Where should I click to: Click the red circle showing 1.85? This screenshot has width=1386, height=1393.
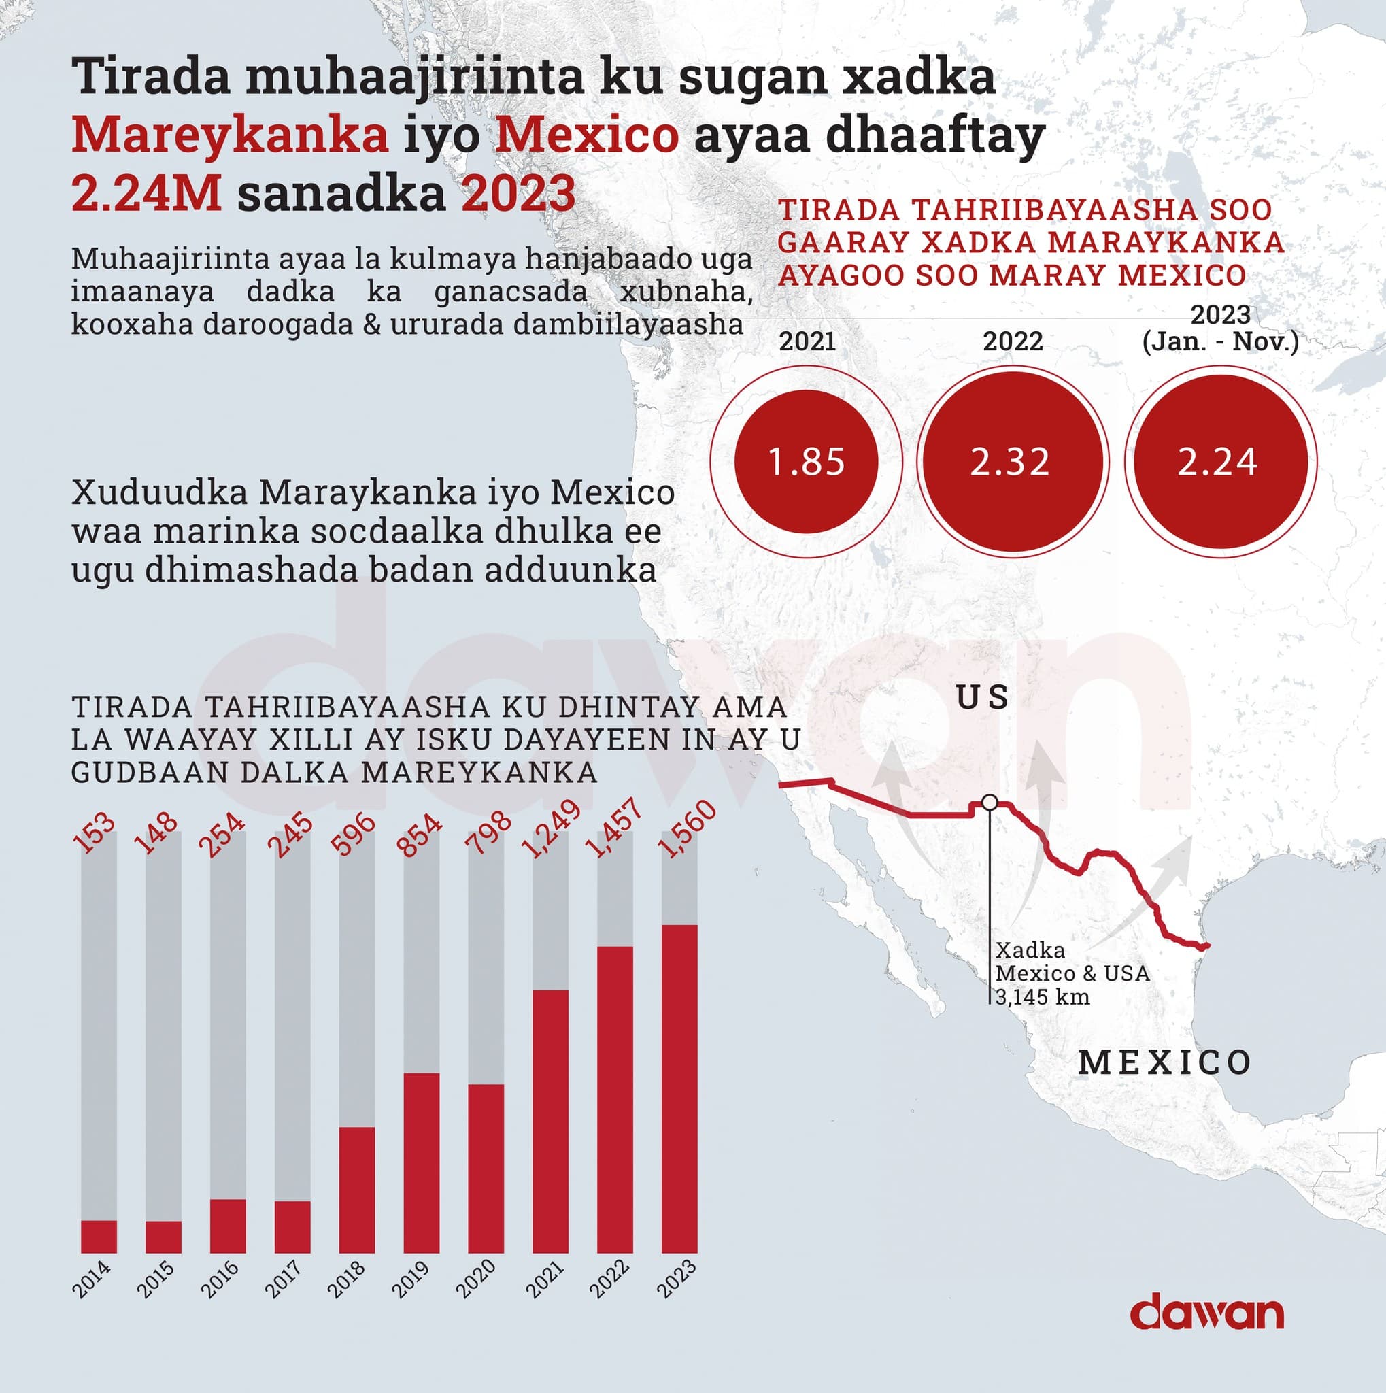(806, 461)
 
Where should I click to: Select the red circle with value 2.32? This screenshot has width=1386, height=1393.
(1010, 461)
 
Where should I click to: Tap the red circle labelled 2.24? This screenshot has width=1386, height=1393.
(1217, 461)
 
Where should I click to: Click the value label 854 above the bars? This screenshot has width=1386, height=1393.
(422, 835)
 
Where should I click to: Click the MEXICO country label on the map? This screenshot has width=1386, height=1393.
(1164, 1062)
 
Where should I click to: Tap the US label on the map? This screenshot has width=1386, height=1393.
(983, 697)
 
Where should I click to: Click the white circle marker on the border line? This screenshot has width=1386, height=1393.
(990, 802)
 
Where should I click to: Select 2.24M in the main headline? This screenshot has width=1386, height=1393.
(146, 194)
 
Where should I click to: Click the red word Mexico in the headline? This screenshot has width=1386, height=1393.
(587, 135)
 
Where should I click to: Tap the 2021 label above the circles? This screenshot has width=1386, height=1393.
(807, 340)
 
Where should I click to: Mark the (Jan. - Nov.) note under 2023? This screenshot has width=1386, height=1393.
(1220, 341)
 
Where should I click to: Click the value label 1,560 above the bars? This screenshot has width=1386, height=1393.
(688, 829)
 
